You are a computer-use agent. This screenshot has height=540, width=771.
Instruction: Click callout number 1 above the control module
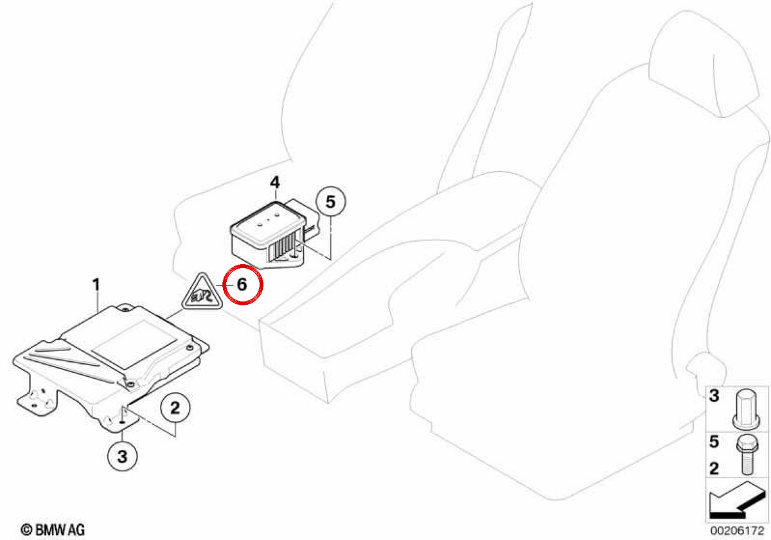point(96,284)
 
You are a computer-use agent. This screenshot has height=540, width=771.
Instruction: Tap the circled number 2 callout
point(175,408)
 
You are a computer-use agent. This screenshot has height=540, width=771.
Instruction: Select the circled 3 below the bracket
point(123,456)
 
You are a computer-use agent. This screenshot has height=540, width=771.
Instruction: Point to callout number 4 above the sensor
point(275,182)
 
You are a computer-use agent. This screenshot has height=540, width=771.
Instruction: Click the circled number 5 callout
point(331,201)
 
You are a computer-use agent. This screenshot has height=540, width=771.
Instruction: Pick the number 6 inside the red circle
point(242,284)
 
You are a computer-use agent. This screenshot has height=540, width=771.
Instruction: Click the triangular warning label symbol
point(202,292)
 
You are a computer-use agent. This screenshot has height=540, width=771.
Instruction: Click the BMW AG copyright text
point(53,530)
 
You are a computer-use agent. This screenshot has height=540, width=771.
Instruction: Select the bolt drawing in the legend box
point(747,455)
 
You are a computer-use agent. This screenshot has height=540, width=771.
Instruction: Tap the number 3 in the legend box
point(714,396)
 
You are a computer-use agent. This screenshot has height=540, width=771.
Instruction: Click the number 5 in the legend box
point(714,442)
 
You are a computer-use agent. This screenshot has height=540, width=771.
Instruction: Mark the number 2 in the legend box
point(714,469)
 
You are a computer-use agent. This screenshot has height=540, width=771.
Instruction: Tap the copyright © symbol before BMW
point(26,530)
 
